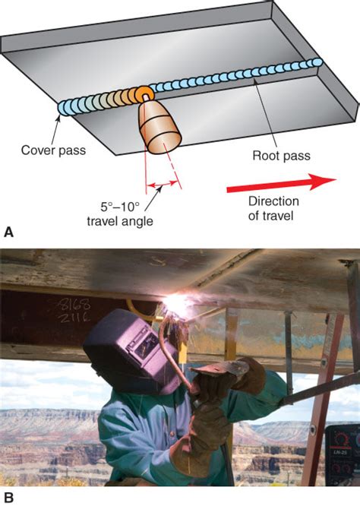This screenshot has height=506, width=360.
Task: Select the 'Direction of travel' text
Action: click(x=273, y=208)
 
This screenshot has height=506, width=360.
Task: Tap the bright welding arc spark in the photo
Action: click(x=176, y=305)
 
